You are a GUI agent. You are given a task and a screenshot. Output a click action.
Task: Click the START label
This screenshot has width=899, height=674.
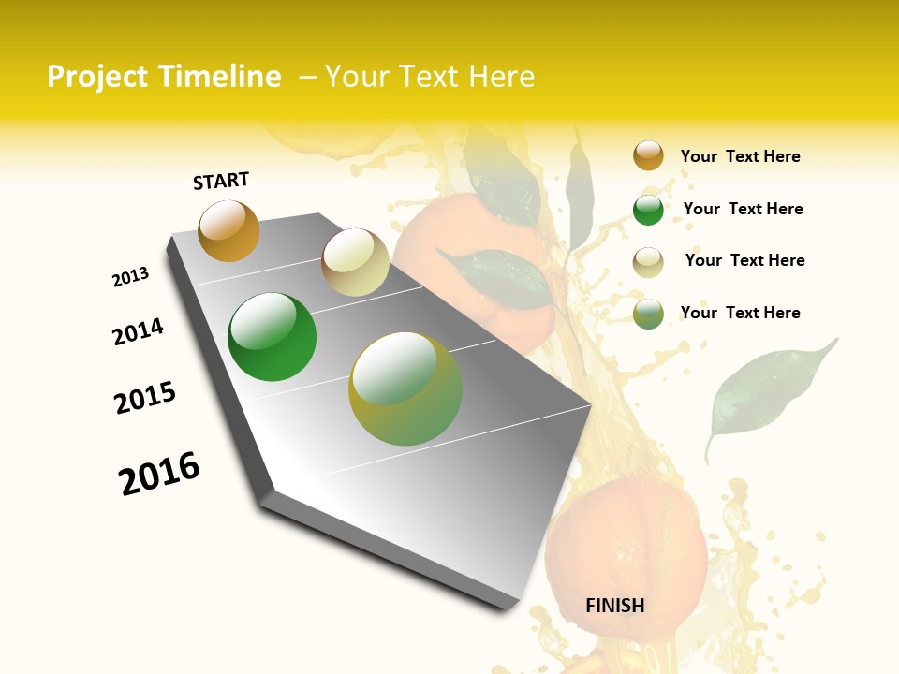point(221,181)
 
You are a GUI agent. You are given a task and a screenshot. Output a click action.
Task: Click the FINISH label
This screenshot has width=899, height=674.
point(615,606)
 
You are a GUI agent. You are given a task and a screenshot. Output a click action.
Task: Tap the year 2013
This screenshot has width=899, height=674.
point(131,277)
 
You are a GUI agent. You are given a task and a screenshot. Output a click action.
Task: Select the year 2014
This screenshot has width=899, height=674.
point(138,331)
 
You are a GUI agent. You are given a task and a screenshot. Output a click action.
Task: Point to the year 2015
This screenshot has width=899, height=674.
point(145,398)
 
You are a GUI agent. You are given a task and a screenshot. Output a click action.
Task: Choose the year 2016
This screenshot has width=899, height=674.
point(159,474)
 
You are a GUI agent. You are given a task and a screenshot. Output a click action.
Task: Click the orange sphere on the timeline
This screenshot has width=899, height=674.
point(228,231)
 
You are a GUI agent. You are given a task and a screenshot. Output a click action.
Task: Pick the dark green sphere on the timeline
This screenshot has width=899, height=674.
point(272,337)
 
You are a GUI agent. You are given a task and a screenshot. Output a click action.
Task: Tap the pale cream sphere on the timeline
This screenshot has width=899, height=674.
point(355,262)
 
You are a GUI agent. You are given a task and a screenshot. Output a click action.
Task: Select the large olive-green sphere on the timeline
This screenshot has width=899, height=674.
point(405,388)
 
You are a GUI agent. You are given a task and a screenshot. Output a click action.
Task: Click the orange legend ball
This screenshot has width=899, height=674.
point(648,156)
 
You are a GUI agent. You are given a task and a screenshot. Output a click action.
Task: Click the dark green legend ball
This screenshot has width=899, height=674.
point(648,210)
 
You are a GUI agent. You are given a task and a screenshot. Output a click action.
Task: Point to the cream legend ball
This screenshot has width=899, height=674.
point(648,261)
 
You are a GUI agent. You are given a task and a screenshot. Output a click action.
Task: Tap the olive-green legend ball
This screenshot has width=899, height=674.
point(648,314)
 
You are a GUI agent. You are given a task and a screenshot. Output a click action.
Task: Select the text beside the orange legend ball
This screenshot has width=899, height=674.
point(740,156)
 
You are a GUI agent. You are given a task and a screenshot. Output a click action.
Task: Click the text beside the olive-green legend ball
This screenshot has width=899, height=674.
point(740,313)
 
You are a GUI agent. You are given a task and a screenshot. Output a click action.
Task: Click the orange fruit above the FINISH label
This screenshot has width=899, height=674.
point(626,543)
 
